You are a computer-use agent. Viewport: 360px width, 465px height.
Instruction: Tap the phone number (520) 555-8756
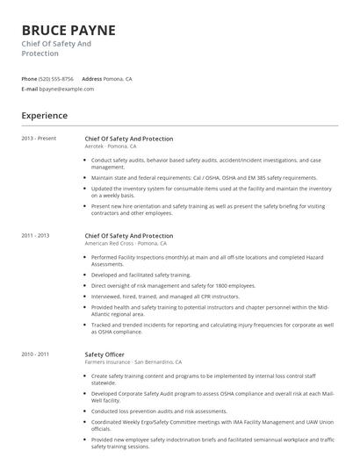[56, 79]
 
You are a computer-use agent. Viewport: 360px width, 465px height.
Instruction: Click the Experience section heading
[44, 115]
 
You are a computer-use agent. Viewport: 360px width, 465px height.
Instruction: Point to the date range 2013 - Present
[39, 139]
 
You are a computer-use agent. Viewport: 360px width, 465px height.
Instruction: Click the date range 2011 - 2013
[36, 235]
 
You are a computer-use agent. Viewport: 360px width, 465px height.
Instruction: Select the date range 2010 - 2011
[36, 354]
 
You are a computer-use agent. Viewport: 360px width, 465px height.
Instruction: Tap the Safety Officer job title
[105, 354]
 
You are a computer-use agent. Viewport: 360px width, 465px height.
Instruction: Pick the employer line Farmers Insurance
[133, 361]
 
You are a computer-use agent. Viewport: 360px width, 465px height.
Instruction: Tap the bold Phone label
[29, 79]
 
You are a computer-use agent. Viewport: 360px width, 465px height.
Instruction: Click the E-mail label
[29, 89]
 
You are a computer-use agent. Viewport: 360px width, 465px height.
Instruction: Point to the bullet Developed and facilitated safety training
[140, 275]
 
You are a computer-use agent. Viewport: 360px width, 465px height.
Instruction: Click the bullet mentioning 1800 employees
[173, 285]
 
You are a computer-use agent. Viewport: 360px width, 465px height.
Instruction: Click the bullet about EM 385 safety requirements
[204, 177]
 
